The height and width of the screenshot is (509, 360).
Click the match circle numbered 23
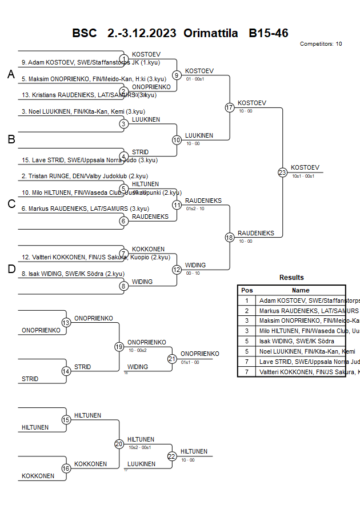(x=282, y=172)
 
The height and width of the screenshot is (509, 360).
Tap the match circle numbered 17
(x=230, y=107)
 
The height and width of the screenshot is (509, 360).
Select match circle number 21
(x=172, y=359)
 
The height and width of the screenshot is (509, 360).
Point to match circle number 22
(x=172, y=456)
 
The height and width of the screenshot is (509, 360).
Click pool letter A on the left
(x=11, y=74)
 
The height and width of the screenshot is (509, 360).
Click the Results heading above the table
(x=291, y=278)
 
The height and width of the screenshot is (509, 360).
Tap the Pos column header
(x=247, y=290)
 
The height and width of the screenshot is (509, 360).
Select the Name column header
(x=300, y=290)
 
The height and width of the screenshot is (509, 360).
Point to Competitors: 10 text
(x=321, y=44)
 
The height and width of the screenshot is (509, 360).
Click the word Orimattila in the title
(x=210, y=33)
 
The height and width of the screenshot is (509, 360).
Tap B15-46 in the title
(x=268, y=33)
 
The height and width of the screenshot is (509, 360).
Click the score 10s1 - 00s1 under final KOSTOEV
(x=303, y=176)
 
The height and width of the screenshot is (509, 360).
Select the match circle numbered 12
(x=177, y=269)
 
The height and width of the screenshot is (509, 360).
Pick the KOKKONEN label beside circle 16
(x=90, y=464)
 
